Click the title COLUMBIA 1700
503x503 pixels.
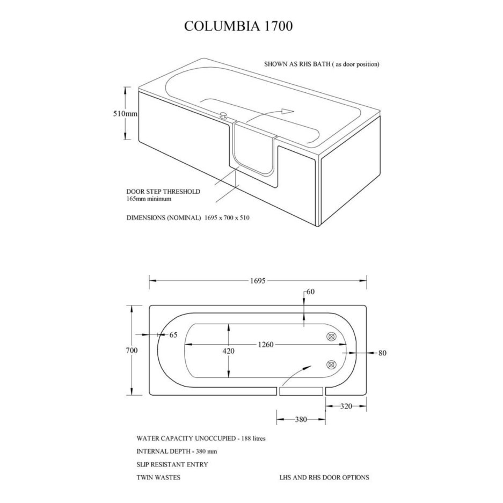point(238,26)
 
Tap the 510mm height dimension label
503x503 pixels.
point(125,114)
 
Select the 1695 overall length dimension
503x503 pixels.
point(258,281)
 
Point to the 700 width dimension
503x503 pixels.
point(132,350)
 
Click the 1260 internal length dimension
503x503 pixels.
point(266,345)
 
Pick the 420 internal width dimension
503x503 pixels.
point(228,351)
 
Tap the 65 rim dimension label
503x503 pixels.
point(173,335)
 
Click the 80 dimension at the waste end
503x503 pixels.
point(382,353)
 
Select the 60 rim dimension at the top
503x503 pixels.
point(310,291)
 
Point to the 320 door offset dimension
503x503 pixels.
point(346,406)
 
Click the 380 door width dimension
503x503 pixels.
point(301,419)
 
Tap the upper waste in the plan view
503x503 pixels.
point(331,337)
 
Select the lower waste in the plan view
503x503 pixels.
point(331,365)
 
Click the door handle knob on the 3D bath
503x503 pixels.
point(223,115)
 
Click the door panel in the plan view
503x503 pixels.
point(301,391)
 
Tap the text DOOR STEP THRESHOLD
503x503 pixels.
point(163,192)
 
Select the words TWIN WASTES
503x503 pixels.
point(158,477)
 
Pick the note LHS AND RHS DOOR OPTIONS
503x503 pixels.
point(324,477)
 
